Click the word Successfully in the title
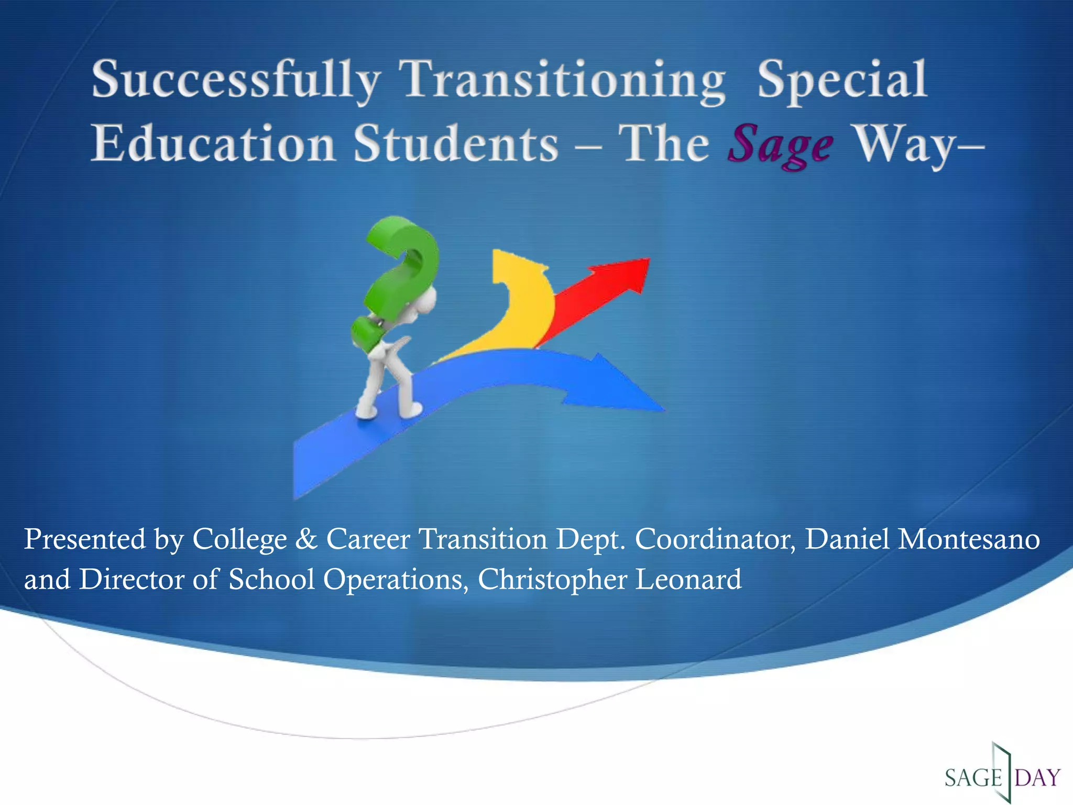[236, 80]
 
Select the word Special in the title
[842, 80]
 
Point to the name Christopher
[552, 580]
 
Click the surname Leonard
[688, 580]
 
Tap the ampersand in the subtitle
[306, 539]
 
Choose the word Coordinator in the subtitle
[715, 539]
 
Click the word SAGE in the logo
[973, 777]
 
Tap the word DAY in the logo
[1037, 777]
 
